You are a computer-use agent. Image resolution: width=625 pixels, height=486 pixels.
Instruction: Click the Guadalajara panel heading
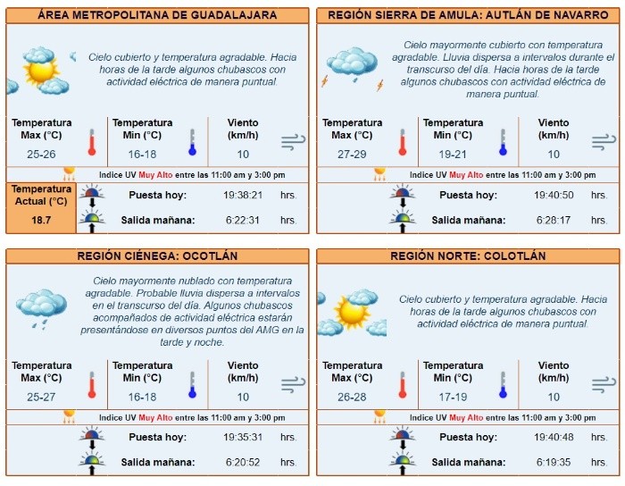pos(157,15)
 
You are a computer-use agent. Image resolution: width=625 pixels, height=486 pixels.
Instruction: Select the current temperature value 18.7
pos(41,219)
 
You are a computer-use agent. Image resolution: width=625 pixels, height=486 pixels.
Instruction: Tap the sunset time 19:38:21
pos(242,195)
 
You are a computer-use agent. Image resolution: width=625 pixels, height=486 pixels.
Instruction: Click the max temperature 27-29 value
pos(352,154)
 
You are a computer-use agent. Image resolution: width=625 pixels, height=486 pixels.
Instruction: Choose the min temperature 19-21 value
pos(452,154)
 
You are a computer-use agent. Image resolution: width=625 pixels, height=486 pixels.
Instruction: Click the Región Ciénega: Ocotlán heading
pos(157,256)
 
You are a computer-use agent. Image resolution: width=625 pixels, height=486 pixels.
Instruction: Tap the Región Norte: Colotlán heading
pos(468,256)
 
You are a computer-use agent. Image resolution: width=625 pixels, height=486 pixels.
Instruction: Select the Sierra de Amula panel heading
pos(468,15)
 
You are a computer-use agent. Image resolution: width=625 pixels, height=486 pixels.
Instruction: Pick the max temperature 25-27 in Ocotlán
pos(41,396)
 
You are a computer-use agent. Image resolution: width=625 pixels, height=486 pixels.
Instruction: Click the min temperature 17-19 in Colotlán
pos(452,396)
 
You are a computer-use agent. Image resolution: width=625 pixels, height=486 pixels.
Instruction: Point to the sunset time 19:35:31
pos(242,437)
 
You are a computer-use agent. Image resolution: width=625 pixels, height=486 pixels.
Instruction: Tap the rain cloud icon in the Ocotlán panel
pos(41,306)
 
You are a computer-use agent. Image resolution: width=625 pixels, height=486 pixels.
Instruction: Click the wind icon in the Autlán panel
pos(604,141)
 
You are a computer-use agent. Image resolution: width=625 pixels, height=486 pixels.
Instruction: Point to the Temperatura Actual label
pos(41,195)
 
